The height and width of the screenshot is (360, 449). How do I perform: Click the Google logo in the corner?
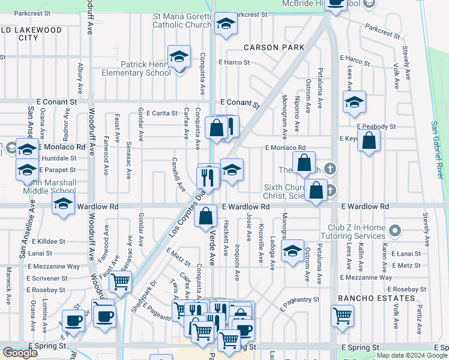20,353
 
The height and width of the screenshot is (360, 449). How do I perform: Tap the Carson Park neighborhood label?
274,47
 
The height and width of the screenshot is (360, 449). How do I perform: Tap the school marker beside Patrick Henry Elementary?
179,57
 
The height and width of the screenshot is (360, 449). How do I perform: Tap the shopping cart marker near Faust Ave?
121,280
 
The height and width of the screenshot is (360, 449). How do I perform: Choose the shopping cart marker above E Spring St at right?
342,314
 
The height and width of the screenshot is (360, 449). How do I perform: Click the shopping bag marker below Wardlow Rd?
206,216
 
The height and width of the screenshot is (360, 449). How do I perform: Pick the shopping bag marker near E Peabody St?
370,142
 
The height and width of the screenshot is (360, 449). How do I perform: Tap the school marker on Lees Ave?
354,101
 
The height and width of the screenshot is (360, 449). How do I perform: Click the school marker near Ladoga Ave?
292,251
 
